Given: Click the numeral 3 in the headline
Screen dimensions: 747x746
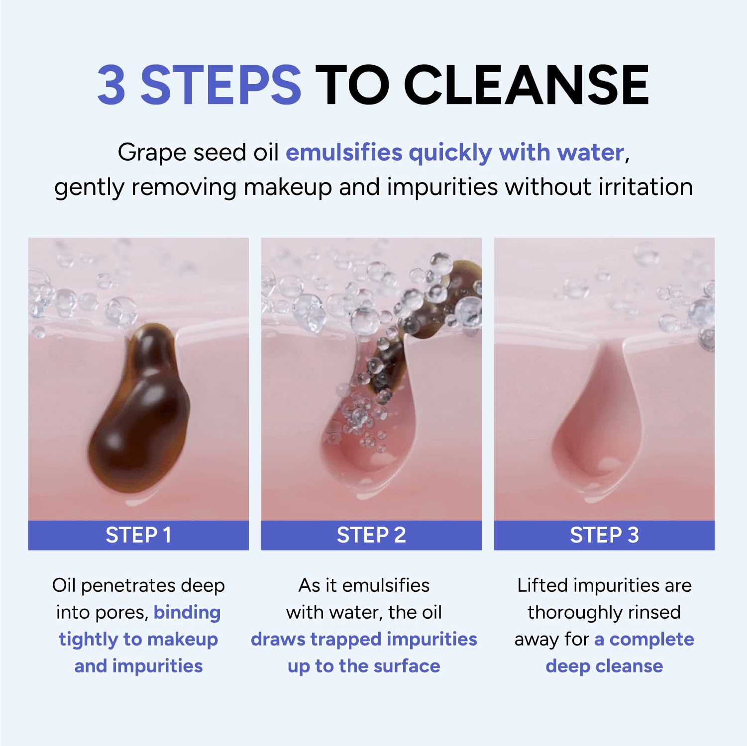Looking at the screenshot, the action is [111, 85].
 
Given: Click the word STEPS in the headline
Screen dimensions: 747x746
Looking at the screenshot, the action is [221, 85].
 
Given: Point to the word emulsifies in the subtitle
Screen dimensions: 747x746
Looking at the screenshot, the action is [344, 152].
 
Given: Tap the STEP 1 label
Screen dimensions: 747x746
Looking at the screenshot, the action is [138, 535].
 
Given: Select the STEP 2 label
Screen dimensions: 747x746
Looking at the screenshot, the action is [371, 535].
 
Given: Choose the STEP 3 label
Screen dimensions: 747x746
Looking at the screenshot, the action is [604, 535].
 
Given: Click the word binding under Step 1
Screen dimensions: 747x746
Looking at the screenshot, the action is [187, 612].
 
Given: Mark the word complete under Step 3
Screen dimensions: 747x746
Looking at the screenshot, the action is [652, 640].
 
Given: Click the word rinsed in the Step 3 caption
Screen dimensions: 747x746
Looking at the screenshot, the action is [654, 612].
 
